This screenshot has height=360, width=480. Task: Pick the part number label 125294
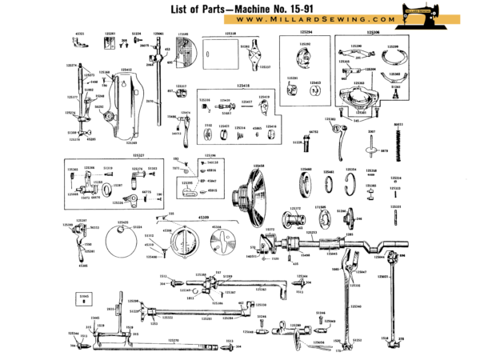[x=306, y=34]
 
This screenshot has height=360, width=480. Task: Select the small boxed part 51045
[x=85, y=298]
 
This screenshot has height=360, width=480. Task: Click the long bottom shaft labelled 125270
[x=160, y=346]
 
